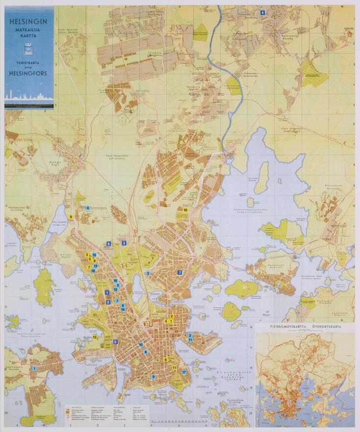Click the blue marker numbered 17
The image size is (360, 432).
pyautogui.click(x=184, y=372)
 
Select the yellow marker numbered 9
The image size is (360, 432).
pyautogui.click(x=71, y=217)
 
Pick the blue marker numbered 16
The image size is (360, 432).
pyautogui.click(x=115, y=281)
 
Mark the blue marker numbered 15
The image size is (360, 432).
pyautogui.click(x=94, y=255)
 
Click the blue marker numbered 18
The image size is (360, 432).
pyautogui.click(x=93, y=271)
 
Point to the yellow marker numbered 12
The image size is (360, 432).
pyautogui.click(x=95, y=337)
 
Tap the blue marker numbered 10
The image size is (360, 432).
pyautogui.click(x=141, y=344)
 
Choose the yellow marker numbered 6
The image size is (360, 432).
pyautogui.click(x=166, y=360)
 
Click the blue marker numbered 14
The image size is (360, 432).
pyautogui.click(x=123, y=310)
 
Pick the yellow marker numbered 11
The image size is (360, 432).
pyautogui.click(x=174, y=367)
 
